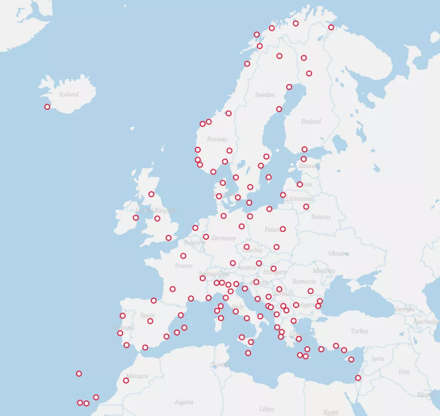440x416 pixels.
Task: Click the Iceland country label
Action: click(x=68, y=94)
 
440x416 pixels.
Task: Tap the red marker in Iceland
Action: click(x=47, y=107)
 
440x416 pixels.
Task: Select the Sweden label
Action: click(x=264, y=95)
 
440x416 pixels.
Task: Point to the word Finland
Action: click(x=311, y=122)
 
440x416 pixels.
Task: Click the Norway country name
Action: click(x=217, y=139)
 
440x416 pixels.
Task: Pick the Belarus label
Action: click(x=321, y=217)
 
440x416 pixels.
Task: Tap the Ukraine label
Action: click(x=338, y=253)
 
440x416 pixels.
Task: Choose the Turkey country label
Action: click(x=359, y=331)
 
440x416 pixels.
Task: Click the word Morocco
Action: click(x=137, y=376)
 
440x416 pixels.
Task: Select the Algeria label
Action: click(x=184, y=402)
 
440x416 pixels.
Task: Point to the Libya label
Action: click(x=266, y=409)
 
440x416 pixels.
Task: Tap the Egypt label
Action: click(x=330, y=412)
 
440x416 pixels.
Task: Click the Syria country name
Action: click(x=377, y=359)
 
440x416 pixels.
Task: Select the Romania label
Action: click(x=304, y=281)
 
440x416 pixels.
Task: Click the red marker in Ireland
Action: click(x=136, y=218)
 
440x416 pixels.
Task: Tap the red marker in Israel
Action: click(x=358, y=378)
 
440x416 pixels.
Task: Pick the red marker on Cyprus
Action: click(x=351, y=360)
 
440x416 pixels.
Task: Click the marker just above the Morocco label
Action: click(x=126, y=381)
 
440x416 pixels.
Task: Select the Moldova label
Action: click(x=323, y=271)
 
